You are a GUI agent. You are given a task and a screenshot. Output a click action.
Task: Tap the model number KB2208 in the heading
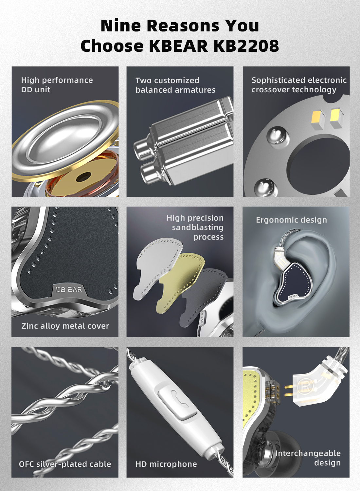(x=246, y=46)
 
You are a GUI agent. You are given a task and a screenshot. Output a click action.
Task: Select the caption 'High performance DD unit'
(x=57, y=85)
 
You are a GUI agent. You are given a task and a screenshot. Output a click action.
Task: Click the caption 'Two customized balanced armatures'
(x=175, y=85)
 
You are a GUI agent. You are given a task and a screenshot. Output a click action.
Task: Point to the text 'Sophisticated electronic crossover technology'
(x=299, y=85)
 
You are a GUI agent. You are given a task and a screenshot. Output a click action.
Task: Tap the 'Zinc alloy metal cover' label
(x=65, y=326)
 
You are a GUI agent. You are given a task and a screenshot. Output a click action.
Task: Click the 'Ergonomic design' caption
(x=291, y=220)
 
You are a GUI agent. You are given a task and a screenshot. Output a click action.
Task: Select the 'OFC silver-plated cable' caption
(x=65, y=464)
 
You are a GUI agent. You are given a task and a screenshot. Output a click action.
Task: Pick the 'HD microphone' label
(x=166, y=464)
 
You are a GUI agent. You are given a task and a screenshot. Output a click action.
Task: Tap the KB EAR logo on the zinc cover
(x=69, y=290)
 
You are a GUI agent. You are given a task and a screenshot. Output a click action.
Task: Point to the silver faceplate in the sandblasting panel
(x=158, y=267)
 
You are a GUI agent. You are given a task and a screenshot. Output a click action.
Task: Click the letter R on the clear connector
(x=305, y=387)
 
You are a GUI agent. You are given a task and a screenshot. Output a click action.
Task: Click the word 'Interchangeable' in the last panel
(x=308, y=453)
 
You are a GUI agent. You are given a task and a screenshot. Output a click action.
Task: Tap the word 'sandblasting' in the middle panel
(x=198, y=227)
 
